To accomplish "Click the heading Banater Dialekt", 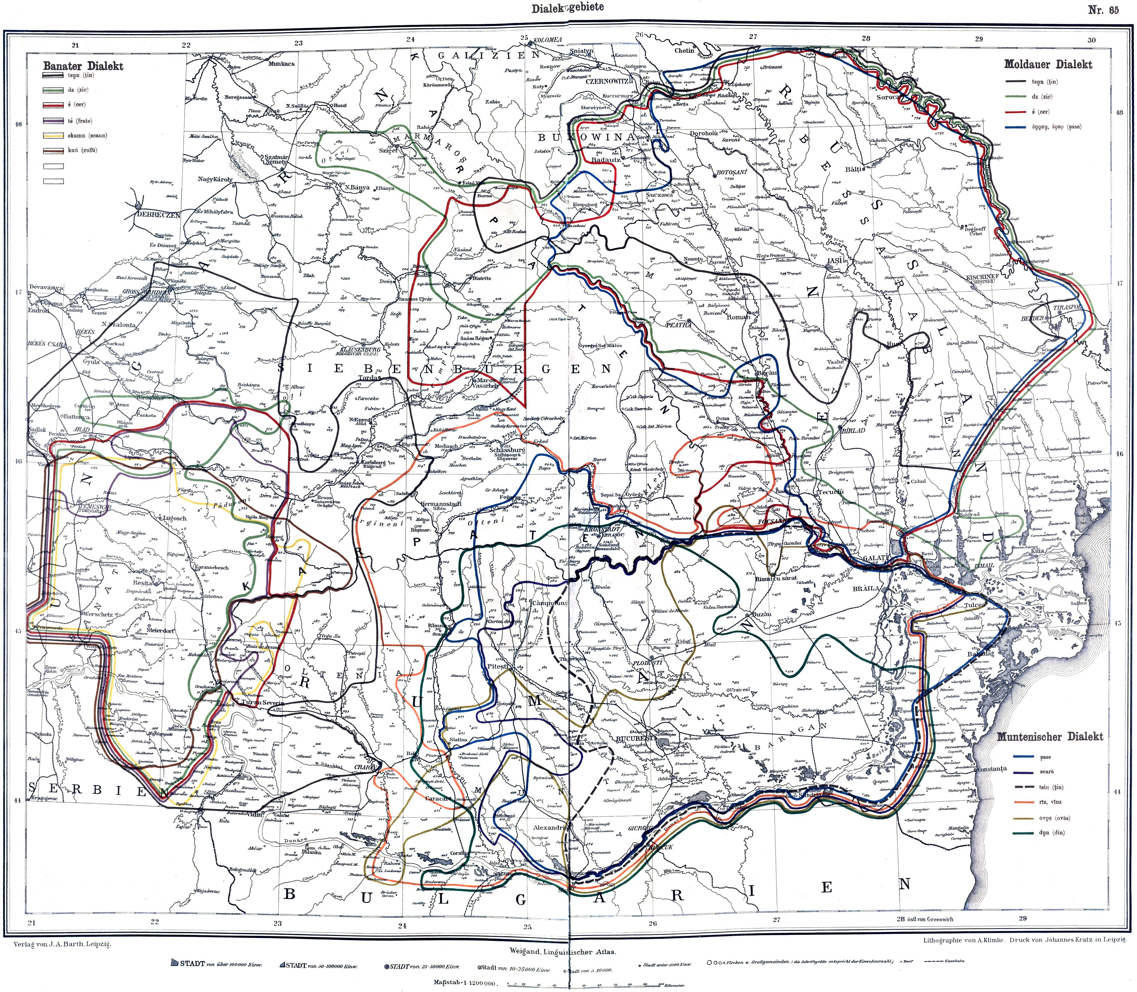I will [83, 66].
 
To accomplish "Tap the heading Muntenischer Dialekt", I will [1050, 737].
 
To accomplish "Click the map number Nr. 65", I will [1103, 10].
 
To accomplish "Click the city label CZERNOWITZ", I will [608, 80].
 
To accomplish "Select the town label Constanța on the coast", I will [992, 769].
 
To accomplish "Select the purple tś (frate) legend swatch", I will [54, 121].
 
